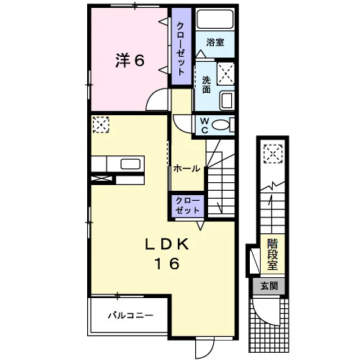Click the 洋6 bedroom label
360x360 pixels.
point(130,60)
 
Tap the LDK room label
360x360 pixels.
point(167,245)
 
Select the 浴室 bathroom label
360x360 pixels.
point(215,42)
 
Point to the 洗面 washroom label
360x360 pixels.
point(207,84)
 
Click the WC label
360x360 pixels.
point(204,125)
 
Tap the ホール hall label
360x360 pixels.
point(186,168)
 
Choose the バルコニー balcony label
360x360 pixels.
point(130,315)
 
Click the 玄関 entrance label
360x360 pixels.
point(269,286)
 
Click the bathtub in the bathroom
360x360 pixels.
point(215,19)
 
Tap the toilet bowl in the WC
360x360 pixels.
point(220,125)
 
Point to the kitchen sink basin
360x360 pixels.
point(130,164)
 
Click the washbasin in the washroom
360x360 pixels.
point(227,101)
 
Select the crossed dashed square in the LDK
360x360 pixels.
point(101,125)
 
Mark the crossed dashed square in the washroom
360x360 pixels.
point(225,73)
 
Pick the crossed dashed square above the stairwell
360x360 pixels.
point(273,154)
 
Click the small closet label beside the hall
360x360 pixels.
point(187,206)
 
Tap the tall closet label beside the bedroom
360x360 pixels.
point(181,49)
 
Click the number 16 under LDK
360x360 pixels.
point(167,264)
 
